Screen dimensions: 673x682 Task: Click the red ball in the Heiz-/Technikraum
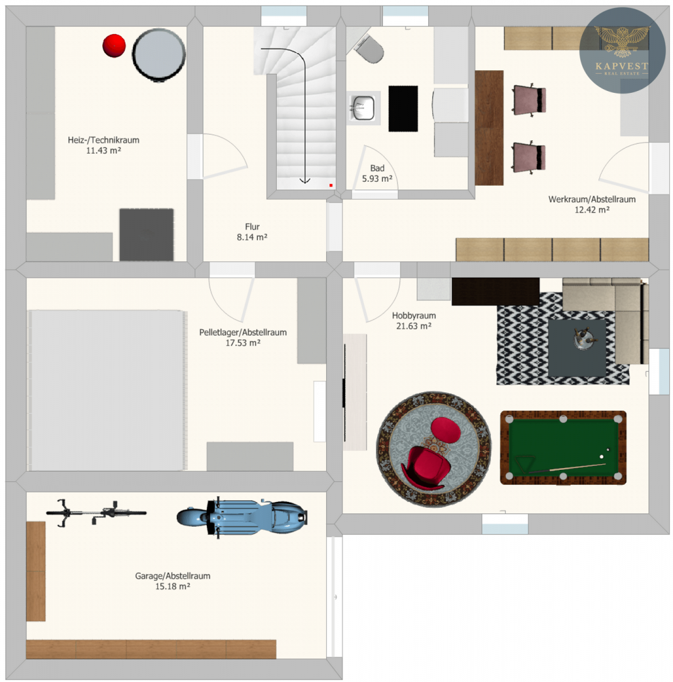[x=114, y=45]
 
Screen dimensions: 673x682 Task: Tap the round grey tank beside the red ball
[x=159, y=55]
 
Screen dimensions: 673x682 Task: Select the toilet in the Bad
[x=370, y=48]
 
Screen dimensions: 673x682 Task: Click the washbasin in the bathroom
[x=363, y=108]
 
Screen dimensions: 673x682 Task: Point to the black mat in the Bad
[x=403, y=109]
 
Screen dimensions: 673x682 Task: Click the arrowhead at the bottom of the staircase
[x=305, y=180]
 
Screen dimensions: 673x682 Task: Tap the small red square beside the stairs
[x=331, y=185]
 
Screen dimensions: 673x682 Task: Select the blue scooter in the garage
[x=242, y=517]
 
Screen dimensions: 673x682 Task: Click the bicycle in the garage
[x=97, y=513]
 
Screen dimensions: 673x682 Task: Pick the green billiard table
[x=563, y=448]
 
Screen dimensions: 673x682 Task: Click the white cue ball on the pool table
[x=602, y=457]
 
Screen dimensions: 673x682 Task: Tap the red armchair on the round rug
[x=424, y=468]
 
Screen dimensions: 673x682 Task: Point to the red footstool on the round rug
[x=445, y=430]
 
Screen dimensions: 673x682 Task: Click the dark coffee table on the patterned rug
[x=577, y=348]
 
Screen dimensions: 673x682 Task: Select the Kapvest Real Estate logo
[x=622, y=51]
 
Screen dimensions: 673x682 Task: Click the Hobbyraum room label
[x=414, y=316]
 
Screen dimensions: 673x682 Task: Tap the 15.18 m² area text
[x=172, y=586]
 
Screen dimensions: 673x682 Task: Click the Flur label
[x=252, y=227]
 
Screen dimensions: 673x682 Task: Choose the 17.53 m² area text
[x=243, y=343]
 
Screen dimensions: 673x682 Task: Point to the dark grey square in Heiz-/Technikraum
[x=146, y=235]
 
